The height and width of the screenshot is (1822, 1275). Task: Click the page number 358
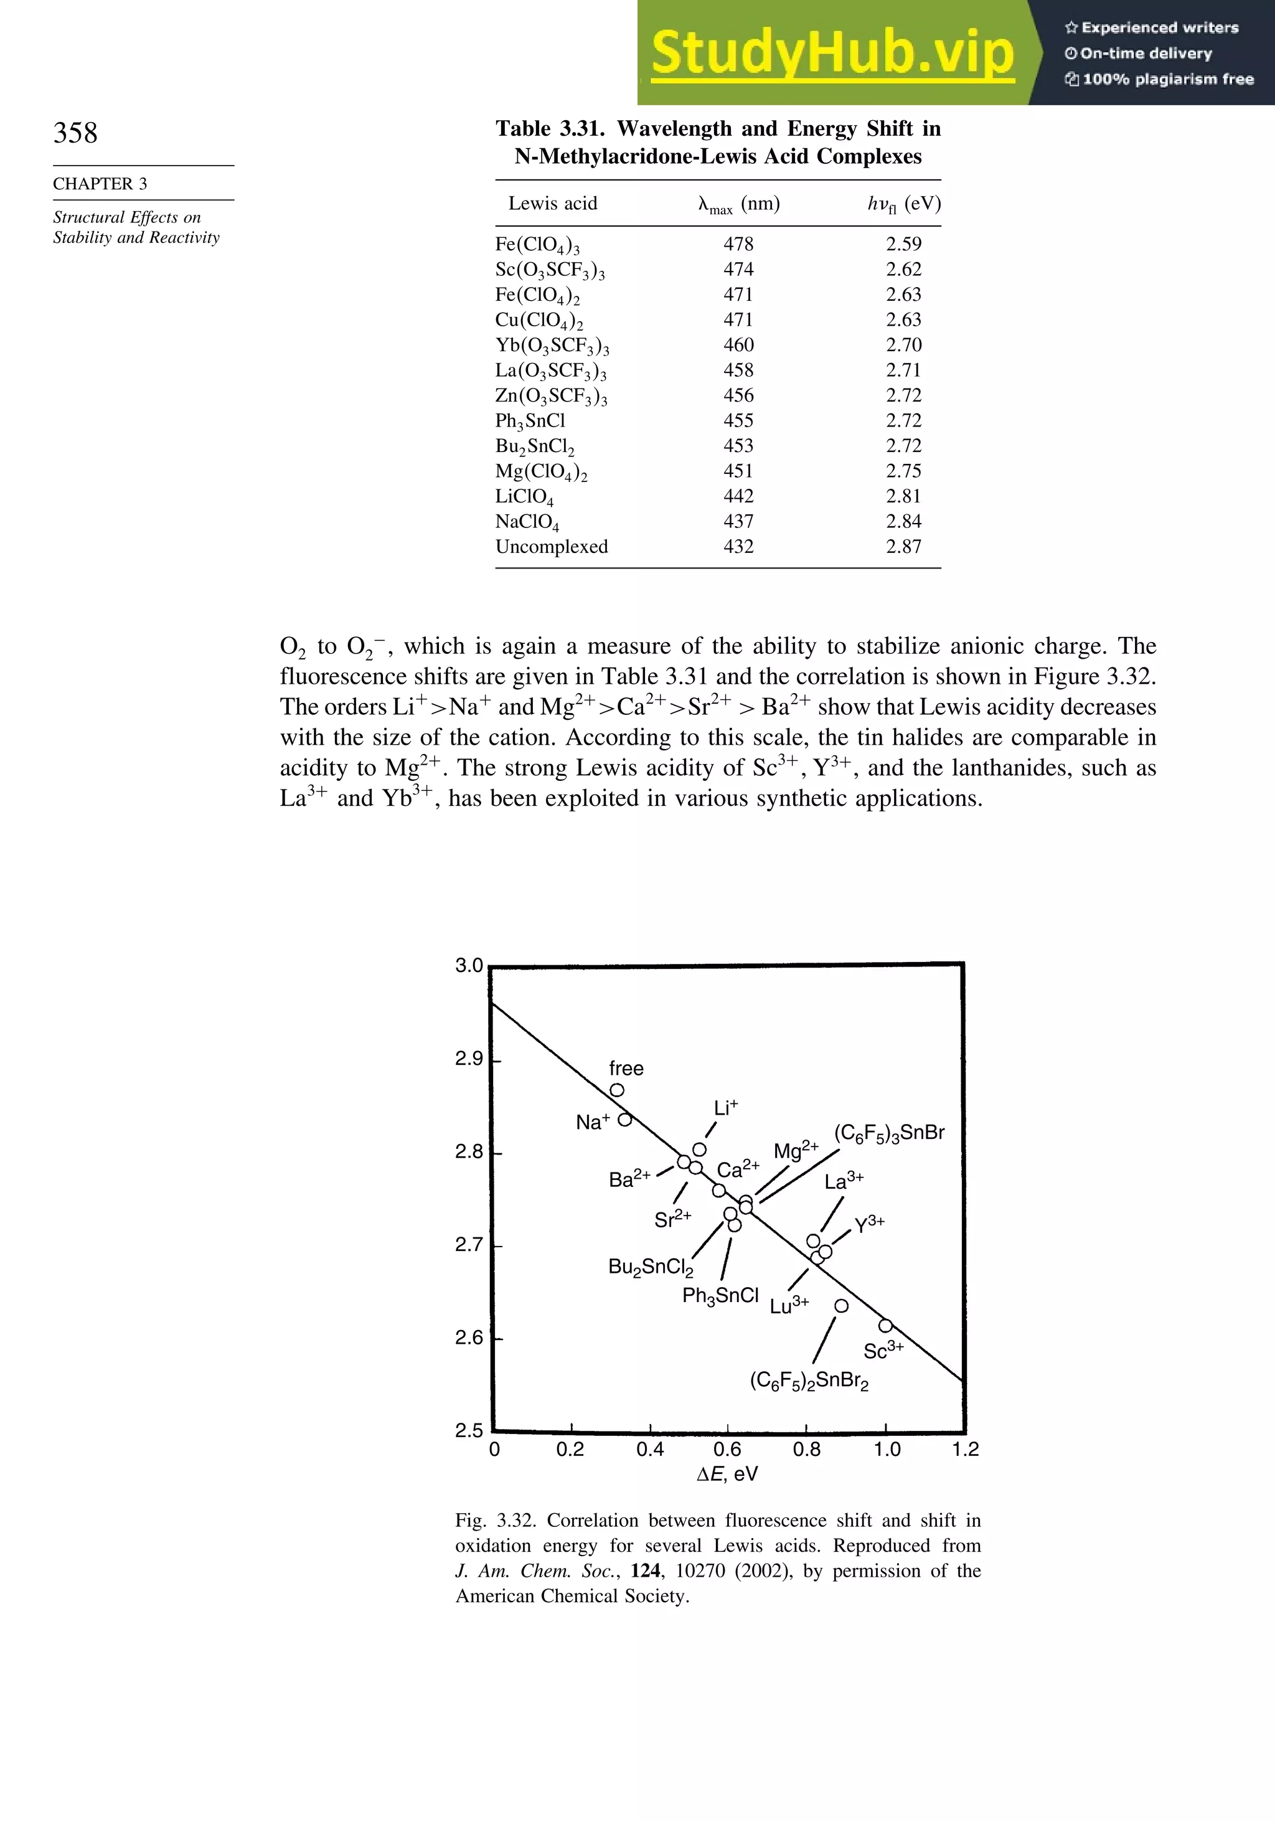click(75, 133)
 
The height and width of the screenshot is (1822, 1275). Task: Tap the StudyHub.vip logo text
click(832, 52)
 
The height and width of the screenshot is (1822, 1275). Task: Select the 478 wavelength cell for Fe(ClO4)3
click(738, 245)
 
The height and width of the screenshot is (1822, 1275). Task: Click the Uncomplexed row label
click(552, 547)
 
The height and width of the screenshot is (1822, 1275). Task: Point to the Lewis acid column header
click(552, 204)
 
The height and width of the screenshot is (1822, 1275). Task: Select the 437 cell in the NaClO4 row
click(738, 521)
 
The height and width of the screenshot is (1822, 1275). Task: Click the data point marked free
click(616, 1090)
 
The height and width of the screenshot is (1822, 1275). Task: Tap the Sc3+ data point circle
click(885, 1326)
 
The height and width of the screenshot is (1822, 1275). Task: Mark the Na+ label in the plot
click(592, 1122)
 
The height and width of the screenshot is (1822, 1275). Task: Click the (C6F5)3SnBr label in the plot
click(890, 1133)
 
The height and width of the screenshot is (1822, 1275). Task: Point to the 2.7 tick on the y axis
click(469, 1245)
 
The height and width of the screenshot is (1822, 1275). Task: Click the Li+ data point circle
click(699, 1150)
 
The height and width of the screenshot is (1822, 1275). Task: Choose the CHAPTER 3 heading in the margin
click(100, 184)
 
